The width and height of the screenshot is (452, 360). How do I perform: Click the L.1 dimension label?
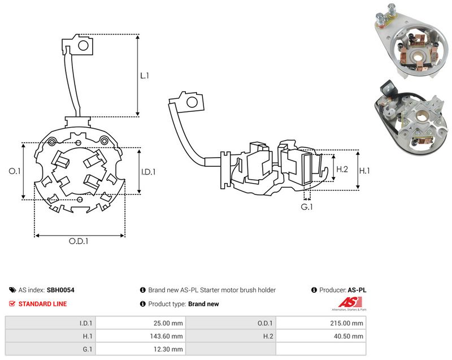[145, 76]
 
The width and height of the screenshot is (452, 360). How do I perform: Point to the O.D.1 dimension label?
[79, 241]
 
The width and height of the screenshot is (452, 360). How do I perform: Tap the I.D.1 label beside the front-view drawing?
[149, 172]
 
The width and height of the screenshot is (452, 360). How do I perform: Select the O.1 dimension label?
[15, 171]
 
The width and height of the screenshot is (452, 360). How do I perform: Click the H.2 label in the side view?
[342, 169]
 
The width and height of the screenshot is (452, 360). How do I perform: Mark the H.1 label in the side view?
[364, 171]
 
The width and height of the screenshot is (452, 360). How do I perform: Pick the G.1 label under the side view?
[307, 207]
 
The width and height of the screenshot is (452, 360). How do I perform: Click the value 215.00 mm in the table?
[346, 323]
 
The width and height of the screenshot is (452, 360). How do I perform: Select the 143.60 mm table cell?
[166, 336]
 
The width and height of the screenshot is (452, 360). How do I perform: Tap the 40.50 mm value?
[349, 336]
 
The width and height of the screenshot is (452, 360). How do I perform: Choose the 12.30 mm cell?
[168, 349]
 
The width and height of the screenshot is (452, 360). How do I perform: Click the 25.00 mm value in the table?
[168, 323]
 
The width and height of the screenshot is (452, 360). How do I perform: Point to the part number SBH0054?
[60, 290]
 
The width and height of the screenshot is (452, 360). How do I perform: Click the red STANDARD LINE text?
[42, 304]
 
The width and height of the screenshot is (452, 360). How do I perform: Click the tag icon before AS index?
[12, 290]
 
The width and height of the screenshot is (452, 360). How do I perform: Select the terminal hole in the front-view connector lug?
[83, 45]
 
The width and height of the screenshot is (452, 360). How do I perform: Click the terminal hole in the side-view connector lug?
[192, 102]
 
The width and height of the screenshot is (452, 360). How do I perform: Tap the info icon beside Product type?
[143, 304]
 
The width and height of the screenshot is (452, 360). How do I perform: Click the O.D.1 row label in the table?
[265, 323]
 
